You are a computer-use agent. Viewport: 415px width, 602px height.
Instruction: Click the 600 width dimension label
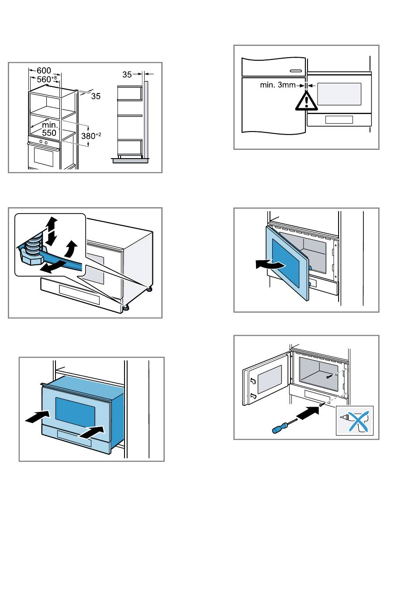point(44,70)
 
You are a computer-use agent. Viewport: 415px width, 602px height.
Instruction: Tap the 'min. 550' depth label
point(49,129)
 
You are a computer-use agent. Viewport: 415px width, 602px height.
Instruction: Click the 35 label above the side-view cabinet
point(127,75)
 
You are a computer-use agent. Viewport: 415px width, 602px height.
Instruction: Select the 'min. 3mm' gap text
point(278,85)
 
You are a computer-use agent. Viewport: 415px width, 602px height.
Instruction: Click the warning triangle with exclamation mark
point(307,101)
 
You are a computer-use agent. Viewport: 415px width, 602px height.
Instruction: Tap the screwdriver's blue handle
point(278,429)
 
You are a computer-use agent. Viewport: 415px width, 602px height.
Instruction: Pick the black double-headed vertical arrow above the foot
point(52,231)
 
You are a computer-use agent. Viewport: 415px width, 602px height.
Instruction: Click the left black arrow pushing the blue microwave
point(38,416)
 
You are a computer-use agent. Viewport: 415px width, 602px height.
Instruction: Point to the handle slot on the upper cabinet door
point(295,70)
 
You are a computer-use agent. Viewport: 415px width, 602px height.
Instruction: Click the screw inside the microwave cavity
point(328,376)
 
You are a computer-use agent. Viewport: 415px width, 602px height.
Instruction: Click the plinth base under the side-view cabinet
point(131,161)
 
